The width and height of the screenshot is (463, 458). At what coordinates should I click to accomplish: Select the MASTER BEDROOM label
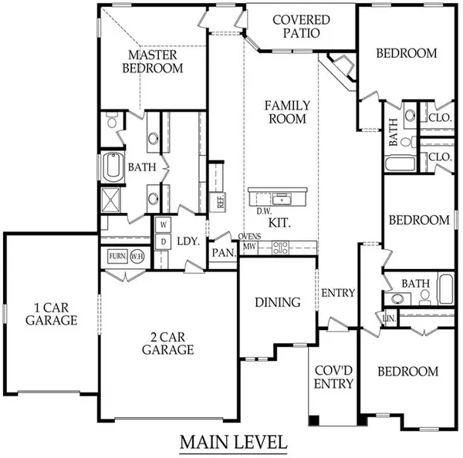[x=155, y=62]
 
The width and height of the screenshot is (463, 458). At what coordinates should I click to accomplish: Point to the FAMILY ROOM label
[x=287, y=112]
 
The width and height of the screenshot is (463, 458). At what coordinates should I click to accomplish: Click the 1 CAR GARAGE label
[x=50, y=315]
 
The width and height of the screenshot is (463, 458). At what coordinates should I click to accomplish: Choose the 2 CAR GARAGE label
[x=167, y=342]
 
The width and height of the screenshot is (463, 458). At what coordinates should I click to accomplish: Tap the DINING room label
[x=277, y=302]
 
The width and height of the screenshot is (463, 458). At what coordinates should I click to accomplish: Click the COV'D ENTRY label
[x=334, y=377]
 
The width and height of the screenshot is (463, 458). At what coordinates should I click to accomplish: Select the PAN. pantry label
[x=224, y=252]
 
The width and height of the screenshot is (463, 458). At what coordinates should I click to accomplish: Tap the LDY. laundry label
[x=188, y=241]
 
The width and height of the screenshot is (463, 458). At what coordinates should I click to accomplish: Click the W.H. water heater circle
[x=138, y=256]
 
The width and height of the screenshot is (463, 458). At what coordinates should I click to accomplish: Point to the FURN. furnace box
[x=117, y=256]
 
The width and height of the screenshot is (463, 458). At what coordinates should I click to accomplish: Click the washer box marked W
[x=163, y=225]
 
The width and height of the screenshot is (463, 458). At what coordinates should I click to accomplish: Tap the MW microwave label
[x=249, y=247]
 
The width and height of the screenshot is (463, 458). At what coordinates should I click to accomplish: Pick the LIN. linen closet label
[x=390, y=317]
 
